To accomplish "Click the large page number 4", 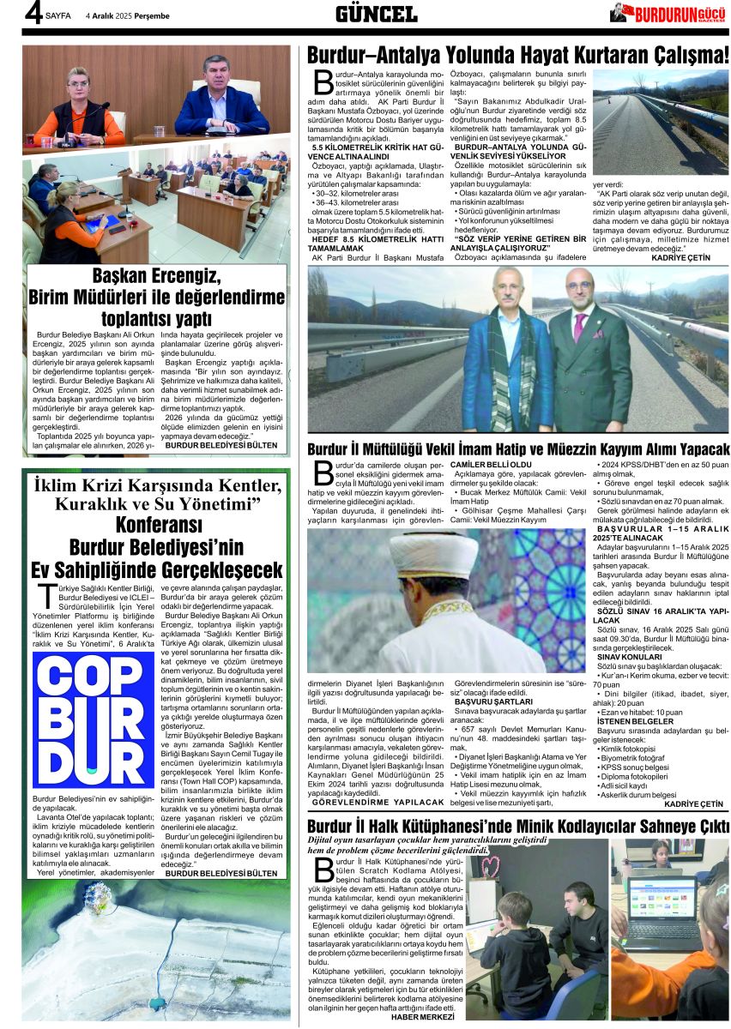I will tap(33, 13).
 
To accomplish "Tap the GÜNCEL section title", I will tap(376, 14).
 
